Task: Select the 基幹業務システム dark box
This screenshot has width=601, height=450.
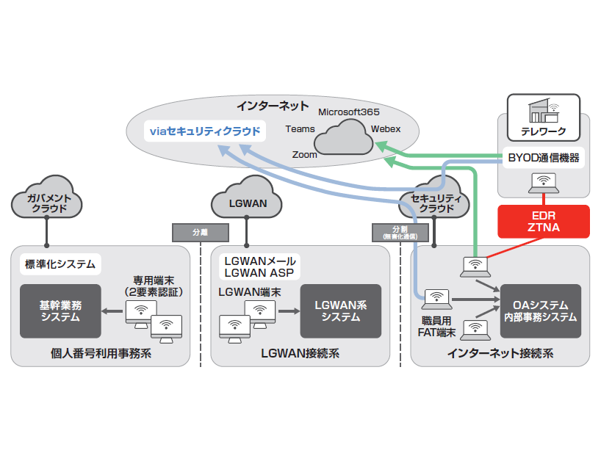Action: [x=60, y=311]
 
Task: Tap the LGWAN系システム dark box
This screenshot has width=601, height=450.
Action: [x=340, y=311]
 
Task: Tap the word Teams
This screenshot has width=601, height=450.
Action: [x=300, y=129]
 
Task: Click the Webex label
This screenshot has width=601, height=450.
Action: [x=386, y=128]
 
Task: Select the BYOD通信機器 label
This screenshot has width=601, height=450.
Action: [x=544, y=157]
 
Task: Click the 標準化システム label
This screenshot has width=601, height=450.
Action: [x=58, y=264]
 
